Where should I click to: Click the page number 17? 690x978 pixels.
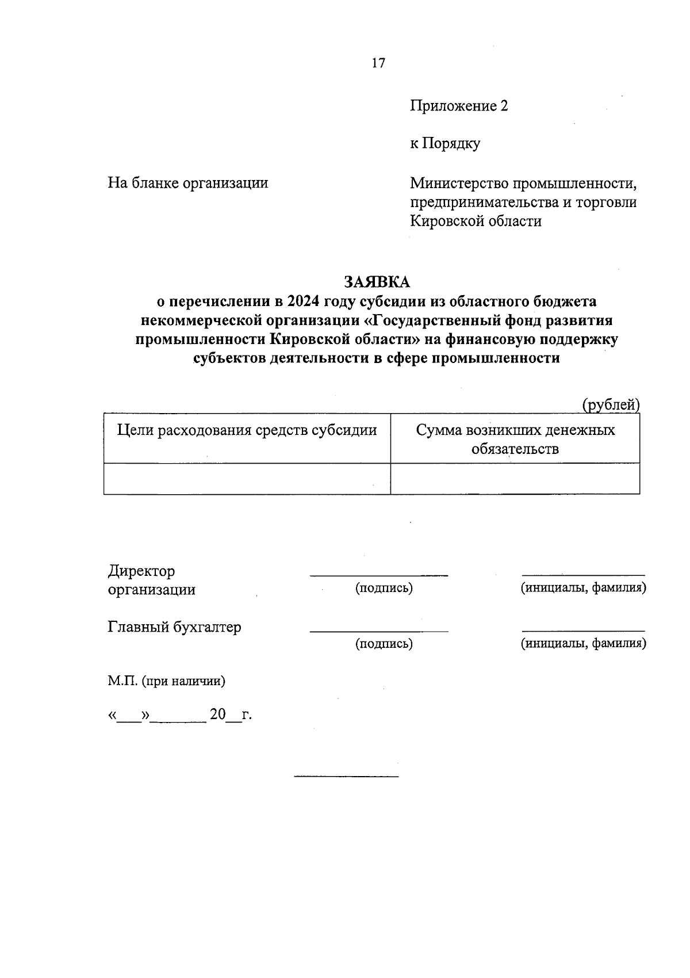pyautogui.click(x=378, y=63)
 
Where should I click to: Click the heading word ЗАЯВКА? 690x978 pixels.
pyautogui.click(x=377, y=282)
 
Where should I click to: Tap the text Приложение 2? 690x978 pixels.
pyautogui.click(x=459, y=106)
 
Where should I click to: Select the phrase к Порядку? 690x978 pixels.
pyautogui.click(x=444, y=143)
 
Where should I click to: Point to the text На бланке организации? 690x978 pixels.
pyautogui.click(x=188, y=183)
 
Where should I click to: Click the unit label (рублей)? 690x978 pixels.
pyautogui.click(x=611, y=405)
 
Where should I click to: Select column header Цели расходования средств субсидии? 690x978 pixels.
pyautogui.click(x=247, y=430)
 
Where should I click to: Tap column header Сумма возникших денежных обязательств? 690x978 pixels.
pyautogui.click(x=515, y=439)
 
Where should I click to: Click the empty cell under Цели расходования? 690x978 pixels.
pyautogui.click(x=247, y=479)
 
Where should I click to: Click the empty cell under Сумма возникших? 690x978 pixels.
pyautogui.click(x=515, y=479)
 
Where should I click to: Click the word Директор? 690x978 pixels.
pyautogui.click(x=141, y=571)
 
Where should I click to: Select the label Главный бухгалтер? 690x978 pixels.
pyautogui.click(x=174, y=626)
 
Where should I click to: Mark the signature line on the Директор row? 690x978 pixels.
pyautogui.click(x=379, y=574)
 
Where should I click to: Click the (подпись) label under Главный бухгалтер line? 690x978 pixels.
pyautogui.click(x=384, y=644)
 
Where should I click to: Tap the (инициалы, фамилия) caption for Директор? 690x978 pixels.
pyautogui.click(x=583, y=588)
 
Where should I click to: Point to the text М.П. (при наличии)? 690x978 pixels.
pyautogui.click(x=166, y=681)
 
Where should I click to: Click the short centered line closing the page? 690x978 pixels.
pyautogui.click(x=346, y=777)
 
